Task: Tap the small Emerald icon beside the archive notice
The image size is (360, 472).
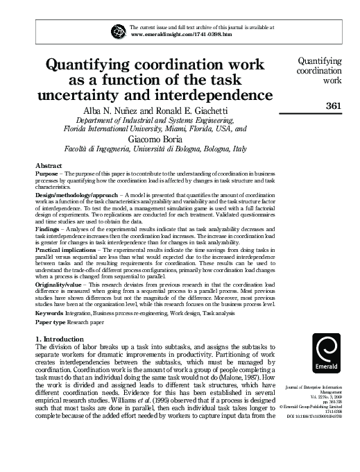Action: (x=120, y=30)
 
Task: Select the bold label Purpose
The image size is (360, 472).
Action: (x=46, y=173)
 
